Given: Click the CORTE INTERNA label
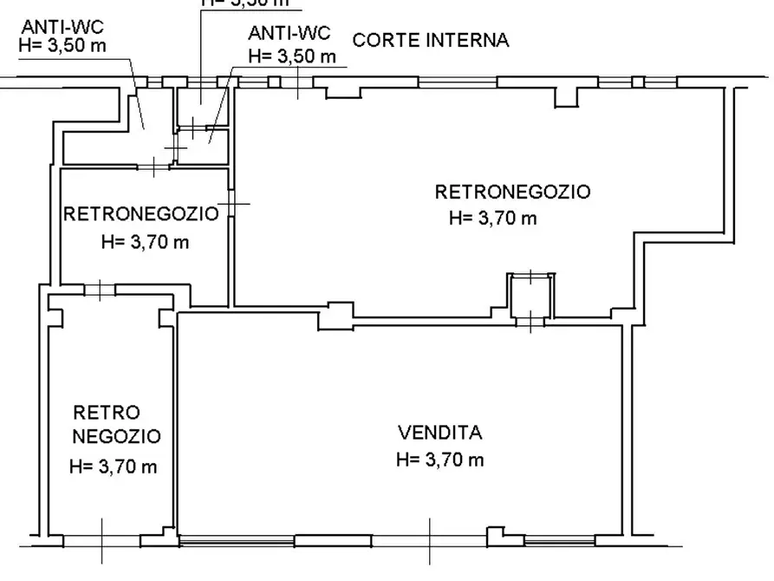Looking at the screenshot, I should (x=430, y=40).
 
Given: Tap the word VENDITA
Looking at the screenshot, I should (x=439, y=432).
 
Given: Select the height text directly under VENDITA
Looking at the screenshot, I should (x=439, y=460).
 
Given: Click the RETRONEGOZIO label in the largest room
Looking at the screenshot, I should (x=512, y=192).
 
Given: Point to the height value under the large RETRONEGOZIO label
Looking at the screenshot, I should (x=492, y=219).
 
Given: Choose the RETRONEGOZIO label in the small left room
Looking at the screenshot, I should (x=141, y=213).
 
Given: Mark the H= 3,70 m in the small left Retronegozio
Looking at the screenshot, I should (x=144, y=242).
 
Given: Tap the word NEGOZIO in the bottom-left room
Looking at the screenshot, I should (x=115, y=436).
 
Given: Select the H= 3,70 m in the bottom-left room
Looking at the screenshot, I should (x=113, y=467).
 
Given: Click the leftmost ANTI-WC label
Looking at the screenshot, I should (x=63, y=27).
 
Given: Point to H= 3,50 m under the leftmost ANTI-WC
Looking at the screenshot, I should (x=63, y=46).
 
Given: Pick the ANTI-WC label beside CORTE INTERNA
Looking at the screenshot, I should (x=289, y=34).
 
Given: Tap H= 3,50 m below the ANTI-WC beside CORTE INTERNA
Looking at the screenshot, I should (x=291, y=55).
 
